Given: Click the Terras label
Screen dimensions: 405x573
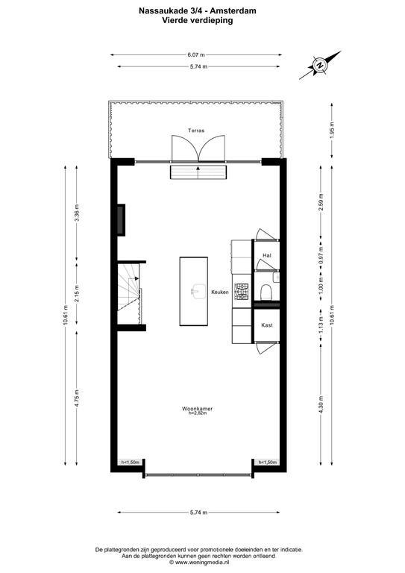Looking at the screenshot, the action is (x=196, y=131).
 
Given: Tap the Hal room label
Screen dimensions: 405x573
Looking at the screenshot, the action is (x=267, y=255).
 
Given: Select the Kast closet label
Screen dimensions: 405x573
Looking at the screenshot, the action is (x=267, y=325).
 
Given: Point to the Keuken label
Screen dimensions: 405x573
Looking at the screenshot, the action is (x=220, y=292).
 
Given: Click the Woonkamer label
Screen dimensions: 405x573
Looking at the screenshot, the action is (x=197, y=409).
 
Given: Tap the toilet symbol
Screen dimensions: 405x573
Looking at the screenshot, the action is (x=266, y=292).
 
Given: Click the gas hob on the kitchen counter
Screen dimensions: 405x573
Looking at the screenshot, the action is (x=242, y=292).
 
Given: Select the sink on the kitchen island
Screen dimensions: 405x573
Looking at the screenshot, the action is (x=198, y=292).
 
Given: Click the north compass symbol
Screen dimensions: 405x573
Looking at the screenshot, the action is (x=320, y=66).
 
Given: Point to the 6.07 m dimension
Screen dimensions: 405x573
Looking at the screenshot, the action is (x=196, y=54).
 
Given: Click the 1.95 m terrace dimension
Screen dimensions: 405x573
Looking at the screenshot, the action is (x=332, y=130).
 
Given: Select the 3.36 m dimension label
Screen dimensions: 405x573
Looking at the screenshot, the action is (x=77, y=213).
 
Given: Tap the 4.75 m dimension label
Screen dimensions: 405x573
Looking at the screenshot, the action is (x=77, y=398).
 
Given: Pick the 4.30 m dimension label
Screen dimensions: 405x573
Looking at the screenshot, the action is (x=321, y=405).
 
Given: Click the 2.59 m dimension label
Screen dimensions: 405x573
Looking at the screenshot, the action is (x=321, y=202).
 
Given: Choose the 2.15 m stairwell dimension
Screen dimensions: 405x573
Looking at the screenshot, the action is (x=77, y=292).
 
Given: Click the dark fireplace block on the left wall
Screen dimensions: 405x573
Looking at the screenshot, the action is (x=122, y=219).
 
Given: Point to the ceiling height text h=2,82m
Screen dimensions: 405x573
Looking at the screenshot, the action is (x=198, y=413).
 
